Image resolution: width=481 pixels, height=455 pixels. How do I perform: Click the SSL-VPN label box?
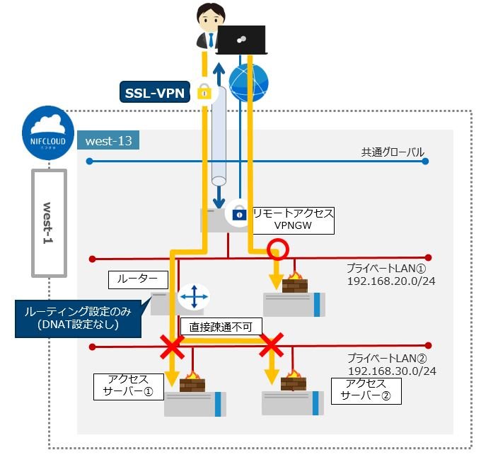[x=155, y=91]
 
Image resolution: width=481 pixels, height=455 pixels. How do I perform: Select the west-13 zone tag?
[x=108, y=140]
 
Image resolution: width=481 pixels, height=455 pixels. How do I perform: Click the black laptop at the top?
[x=240, y=40]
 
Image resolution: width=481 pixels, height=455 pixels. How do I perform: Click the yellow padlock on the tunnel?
[x=204, y=91]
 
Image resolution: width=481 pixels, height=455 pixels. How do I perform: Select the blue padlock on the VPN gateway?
[x=238, y=212]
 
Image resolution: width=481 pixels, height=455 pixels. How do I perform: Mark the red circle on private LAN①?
[x=277, y=249]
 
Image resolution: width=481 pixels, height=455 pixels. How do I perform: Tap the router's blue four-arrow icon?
[x=192, y=296]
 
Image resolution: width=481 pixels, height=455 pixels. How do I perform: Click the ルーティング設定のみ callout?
[x=83, y=317]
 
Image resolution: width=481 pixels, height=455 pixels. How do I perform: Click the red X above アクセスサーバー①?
[x=172, y=347]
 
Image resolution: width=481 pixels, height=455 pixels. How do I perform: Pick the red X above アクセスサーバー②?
[x=272, y=347]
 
